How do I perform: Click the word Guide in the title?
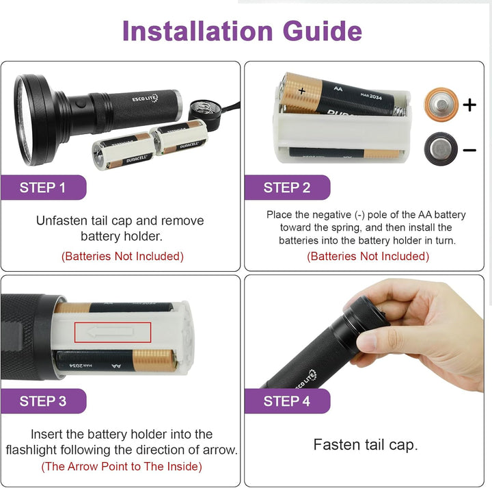pos(318,31)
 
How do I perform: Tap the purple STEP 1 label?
pos(43,188)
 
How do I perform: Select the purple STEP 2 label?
pos(287,188)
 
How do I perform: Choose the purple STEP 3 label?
pos(43,401)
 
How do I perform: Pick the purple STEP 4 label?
pos(287,401)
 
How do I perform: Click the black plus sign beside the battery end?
pos(469,105)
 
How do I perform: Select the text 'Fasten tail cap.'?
pos(366,445)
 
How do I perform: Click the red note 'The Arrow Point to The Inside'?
pos(122,467)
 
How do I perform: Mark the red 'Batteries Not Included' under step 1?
pos(122,257)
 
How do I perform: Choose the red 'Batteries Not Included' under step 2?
pos(368,257)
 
